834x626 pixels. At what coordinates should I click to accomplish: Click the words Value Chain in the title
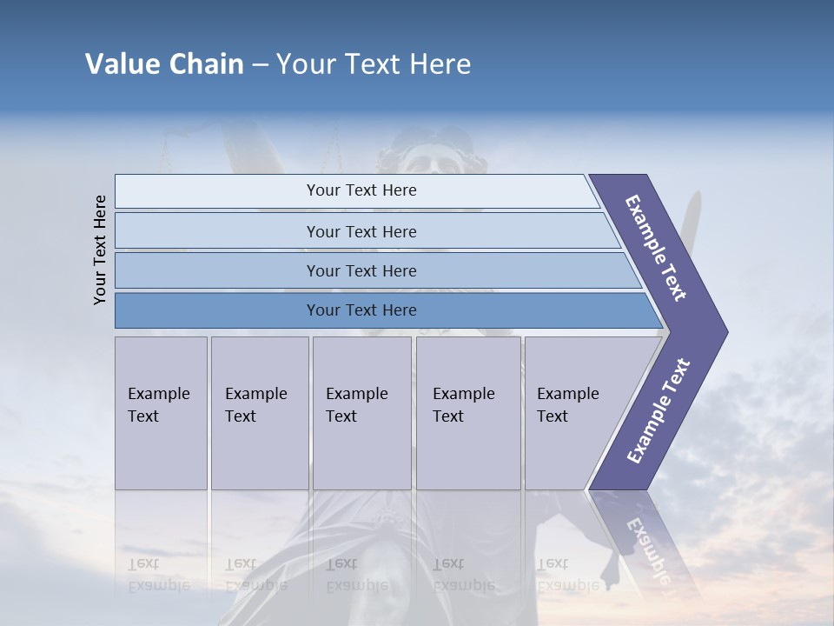pyautogui.click(x=164, y=64)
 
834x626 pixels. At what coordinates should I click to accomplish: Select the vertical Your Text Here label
pyautogui.click(x=100, y=250)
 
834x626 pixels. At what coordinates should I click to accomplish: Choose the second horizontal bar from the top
pyautogui.click(x=217, y=231)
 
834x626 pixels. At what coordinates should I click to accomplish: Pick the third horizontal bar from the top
pyautogui.click(x=217, y=270)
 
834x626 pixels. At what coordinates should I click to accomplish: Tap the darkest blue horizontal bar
pyautogui.click(x=217, y=310)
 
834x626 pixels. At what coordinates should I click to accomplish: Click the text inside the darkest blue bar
pyautogui.click(x=361, y=310)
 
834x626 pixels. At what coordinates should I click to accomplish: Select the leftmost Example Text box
pyautogui.click(x=161, y=413)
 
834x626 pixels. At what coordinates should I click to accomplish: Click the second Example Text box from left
pyautogui.click(x=259, y=413)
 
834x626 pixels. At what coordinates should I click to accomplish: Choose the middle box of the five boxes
pyautogui.click(x=361, y=413)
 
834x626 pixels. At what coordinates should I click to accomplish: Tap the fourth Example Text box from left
pyautogui.click(x=467, y=413)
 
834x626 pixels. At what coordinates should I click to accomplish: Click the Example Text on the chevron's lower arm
pyautogui.click(x=659, y=411)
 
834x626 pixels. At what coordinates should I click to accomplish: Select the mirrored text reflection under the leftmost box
pyautogui.click(x=159, y=574)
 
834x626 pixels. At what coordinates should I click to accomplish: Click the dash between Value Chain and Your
pyautogui.click(x=260, y=65)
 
